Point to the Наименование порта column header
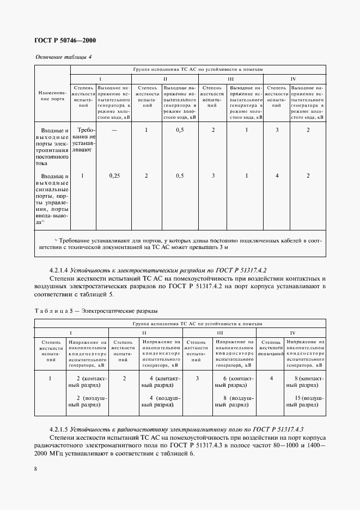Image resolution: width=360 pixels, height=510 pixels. [52, 96]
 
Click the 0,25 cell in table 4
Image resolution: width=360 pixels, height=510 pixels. [114, 176]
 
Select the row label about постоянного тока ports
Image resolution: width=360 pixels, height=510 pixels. [52, 147]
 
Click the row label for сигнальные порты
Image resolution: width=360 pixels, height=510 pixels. [52, 199]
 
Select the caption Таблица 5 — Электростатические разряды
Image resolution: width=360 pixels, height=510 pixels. [96, 311]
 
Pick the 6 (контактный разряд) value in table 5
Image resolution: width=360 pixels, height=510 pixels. [234, 382]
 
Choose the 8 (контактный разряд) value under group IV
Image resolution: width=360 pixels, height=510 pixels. [304, 382]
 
